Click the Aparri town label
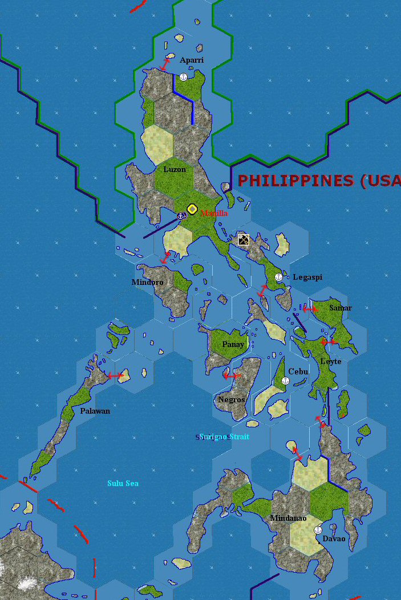tap(192, 60)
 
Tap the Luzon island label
tap(175, 169)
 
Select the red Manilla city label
tap(214, 213)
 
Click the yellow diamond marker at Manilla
tap(192, 209)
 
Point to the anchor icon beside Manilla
tap(181, 215)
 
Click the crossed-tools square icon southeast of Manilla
tap(244, 239)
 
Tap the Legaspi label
tap(307, 277)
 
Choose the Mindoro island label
tap(147, 282)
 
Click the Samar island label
tap(340, 308)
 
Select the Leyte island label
tap(331, 361)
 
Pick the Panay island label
tap(233, 344)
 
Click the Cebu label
tap(298, 372)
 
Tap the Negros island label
tap(231, 399)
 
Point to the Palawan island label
tap(95, 411)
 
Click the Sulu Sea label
tap(123, 483)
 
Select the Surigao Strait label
tap(224, 436)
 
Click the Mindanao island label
tap(288, 518)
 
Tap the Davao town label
tap(334, 538)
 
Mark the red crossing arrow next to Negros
tap(232, 375)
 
